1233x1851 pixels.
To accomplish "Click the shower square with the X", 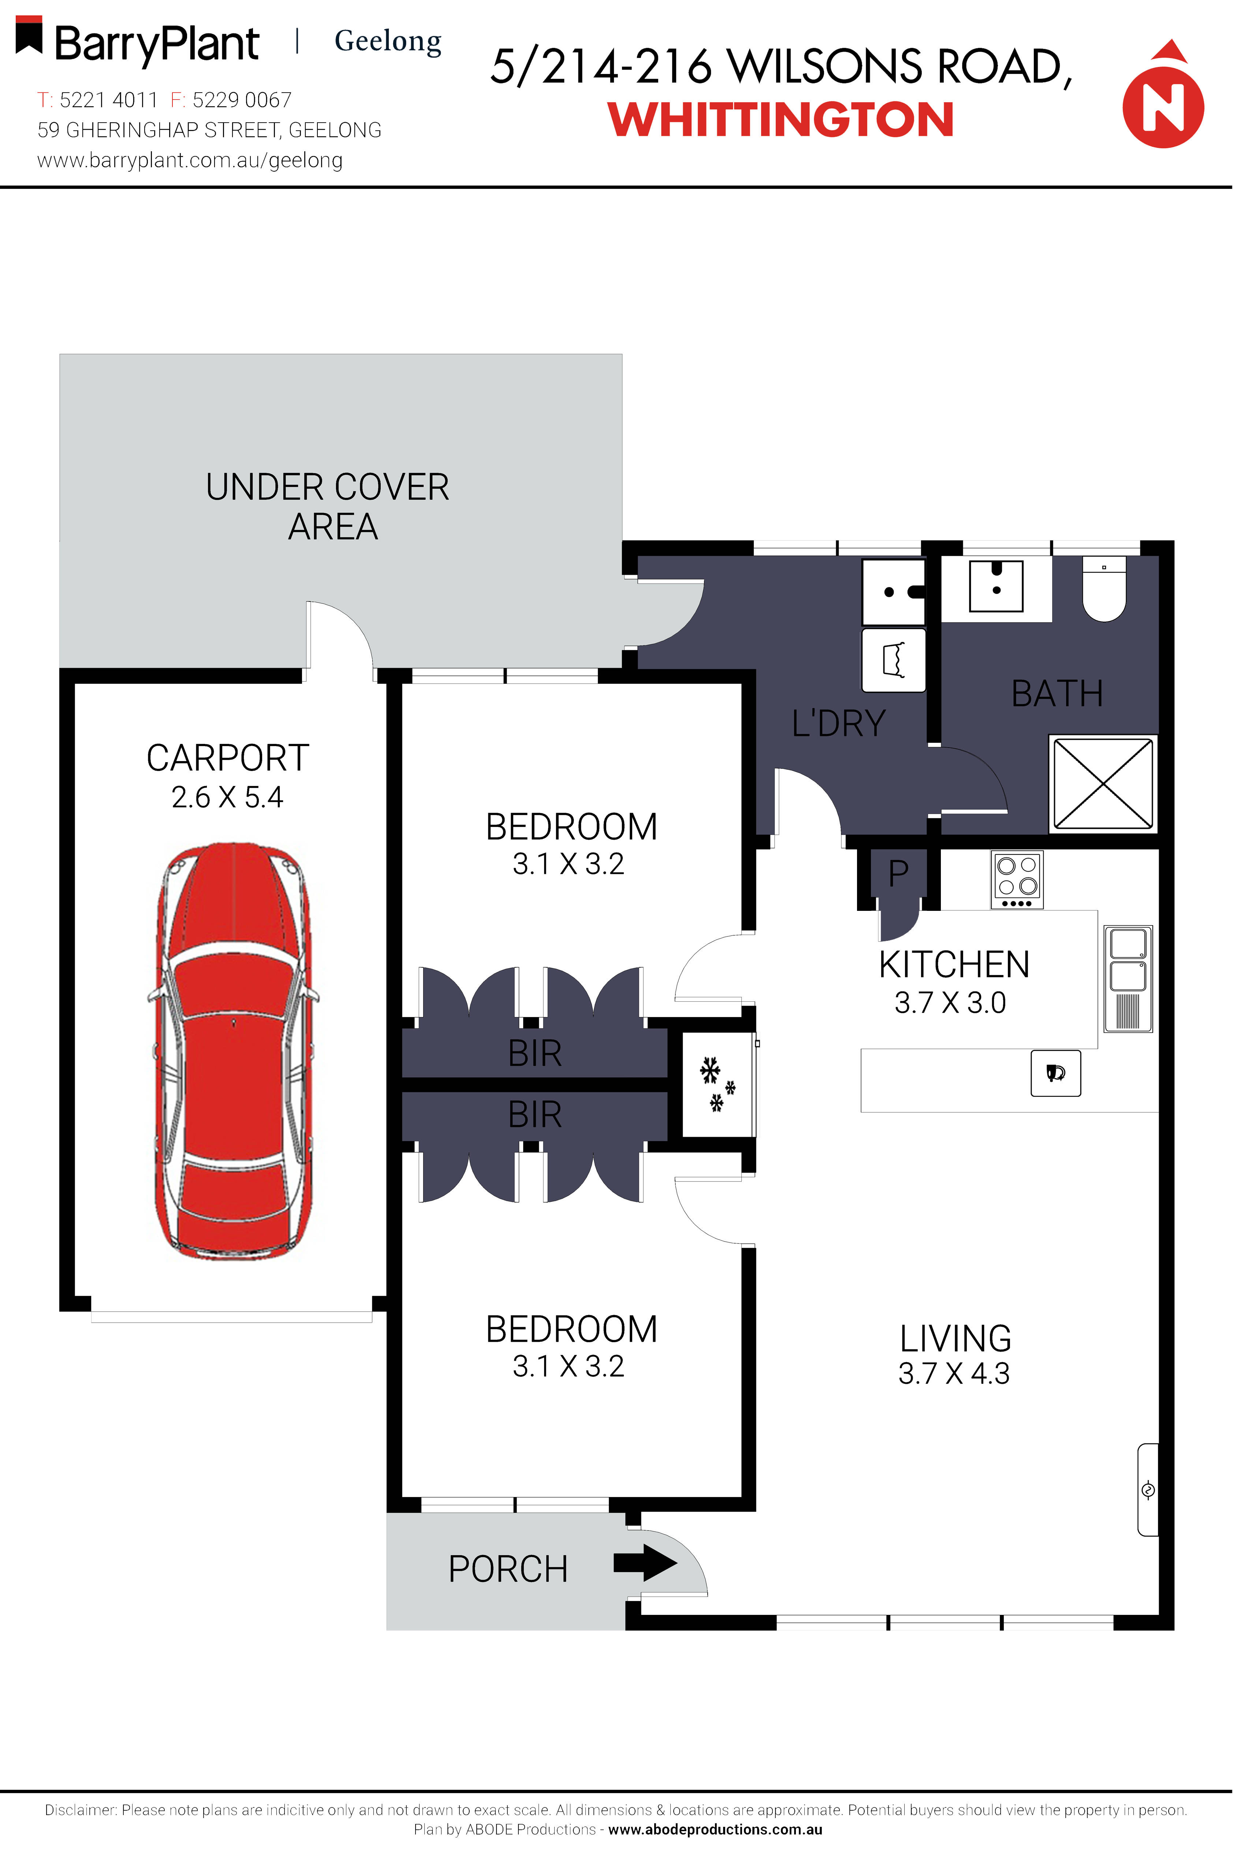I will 1103,782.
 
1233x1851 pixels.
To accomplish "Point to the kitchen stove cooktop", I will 1017,879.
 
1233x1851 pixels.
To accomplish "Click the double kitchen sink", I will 1128,977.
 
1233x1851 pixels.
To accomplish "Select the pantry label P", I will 898,873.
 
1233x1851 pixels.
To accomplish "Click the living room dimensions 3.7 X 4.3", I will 954,1373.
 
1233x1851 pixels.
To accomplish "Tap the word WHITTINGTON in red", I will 781,120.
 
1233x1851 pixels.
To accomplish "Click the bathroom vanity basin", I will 995,586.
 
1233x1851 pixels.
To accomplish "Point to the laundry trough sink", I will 893,591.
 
